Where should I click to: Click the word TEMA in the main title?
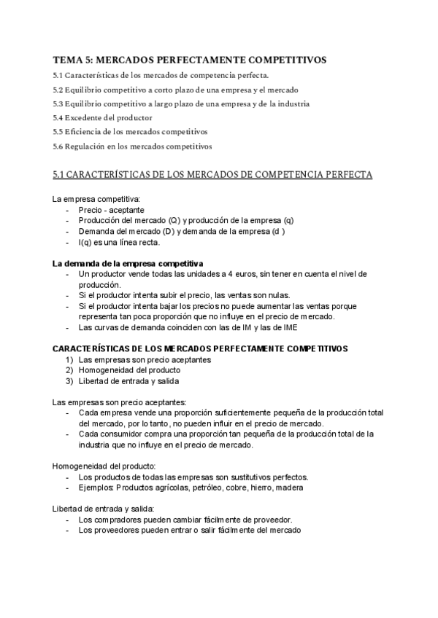coord(67,59)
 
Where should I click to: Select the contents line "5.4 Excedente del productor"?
coord(102,117)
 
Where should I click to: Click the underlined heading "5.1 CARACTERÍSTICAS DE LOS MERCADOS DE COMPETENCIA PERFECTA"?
coord(212,175)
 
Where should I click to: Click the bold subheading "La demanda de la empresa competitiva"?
coord(128,262)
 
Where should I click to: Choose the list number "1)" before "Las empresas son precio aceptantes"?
coord(69,359)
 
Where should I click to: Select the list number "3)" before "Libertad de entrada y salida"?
coord(69,380)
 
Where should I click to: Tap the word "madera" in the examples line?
coord(289,488)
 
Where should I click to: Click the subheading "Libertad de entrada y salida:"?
coord(103,509)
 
